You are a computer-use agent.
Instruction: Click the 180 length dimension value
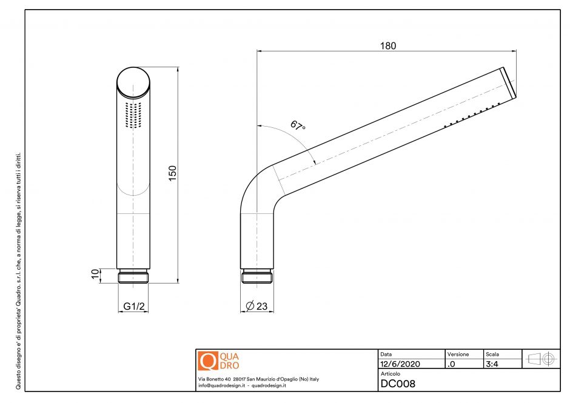click(x=388, y=46)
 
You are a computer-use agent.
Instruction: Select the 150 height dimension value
click(x=172, y=174)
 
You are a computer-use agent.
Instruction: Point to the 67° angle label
click(x=298, y=125)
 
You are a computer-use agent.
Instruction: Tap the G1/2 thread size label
click(x=134, y=307)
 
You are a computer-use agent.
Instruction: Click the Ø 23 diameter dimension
click(x=257, y=307)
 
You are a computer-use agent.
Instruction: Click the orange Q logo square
click(x=207, y=361)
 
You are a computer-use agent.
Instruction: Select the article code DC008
click(x=398, y=384)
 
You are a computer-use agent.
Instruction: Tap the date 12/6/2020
click(x=400, y=364)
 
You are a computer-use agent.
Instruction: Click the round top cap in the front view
click(x=133, y=81)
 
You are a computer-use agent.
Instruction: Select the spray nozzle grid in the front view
click(x=133, y=115)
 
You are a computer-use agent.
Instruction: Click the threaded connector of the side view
click(x=258, y=277)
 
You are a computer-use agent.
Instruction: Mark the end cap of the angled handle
click(x=509, y=82)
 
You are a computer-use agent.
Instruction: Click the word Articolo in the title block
click(x=390, y=374)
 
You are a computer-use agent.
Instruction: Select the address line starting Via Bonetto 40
click(x=258, y=379)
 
